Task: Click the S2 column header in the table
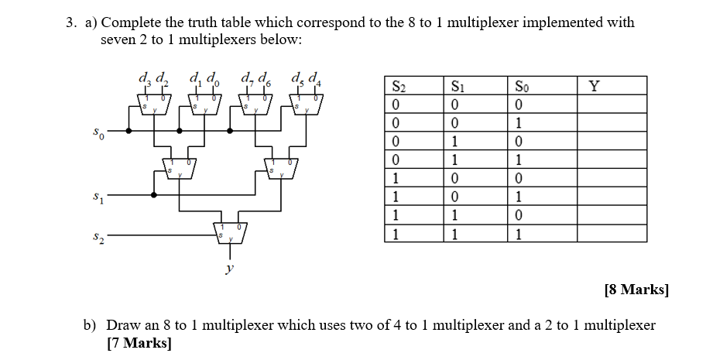click(399, 87)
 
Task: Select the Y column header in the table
click(594, 87)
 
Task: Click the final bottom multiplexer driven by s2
click(228, 230)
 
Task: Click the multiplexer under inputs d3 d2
click(153, 103)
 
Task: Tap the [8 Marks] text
click(636, 290)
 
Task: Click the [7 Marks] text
click(139, 342)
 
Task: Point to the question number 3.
click(70, 22)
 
